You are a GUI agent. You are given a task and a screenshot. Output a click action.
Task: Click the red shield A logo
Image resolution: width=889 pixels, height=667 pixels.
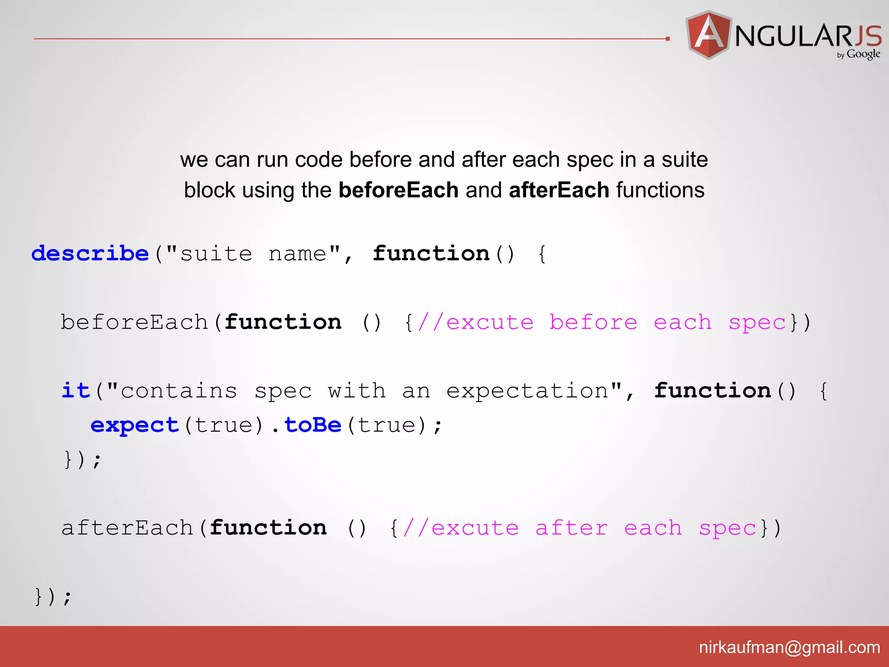[708, 35]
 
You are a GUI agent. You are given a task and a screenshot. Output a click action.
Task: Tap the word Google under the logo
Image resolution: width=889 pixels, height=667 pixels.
[863, 54]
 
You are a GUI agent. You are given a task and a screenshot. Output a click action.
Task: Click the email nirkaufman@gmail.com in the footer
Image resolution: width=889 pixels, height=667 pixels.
[789, 647]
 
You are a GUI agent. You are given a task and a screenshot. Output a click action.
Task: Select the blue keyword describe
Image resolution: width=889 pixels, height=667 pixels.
[90, 253]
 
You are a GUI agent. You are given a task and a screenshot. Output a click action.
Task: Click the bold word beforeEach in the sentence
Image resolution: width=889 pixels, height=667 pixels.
[398, 190]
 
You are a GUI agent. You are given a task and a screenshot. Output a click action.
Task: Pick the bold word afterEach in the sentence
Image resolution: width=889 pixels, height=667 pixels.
[559, 190]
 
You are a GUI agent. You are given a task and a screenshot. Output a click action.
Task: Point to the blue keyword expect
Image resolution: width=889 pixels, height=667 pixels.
[135, 425]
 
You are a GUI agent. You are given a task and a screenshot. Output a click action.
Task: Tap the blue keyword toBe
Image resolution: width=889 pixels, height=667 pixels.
[313, 425]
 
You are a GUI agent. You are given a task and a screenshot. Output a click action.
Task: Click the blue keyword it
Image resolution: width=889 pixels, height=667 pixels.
[76, 390]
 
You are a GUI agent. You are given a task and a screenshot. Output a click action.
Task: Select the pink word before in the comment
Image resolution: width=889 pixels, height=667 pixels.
[593, 322]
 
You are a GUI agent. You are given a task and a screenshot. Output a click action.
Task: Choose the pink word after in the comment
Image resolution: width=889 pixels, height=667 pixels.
[571, 528]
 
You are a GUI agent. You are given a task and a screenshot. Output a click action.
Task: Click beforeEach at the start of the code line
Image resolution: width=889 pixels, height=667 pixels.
[135, 322]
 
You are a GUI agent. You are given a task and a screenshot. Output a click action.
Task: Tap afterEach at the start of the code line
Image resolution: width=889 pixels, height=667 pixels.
[127, 528]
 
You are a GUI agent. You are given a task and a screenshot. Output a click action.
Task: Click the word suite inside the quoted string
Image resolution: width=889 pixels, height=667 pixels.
[216, 254]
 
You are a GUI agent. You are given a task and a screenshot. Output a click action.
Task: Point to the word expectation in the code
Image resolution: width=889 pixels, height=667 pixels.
[527, 391]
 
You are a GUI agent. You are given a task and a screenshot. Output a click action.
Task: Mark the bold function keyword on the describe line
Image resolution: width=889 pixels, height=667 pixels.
[431, 253]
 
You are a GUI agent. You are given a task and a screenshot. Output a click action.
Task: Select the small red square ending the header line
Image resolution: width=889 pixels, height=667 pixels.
[668, 39]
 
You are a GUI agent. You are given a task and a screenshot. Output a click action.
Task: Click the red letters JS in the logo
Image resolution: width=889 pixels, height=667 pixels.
[868, 36]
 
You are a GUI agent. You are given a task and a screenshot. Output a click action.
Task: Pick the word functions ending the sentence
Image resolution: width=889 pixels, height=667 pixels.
[660, 190]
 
